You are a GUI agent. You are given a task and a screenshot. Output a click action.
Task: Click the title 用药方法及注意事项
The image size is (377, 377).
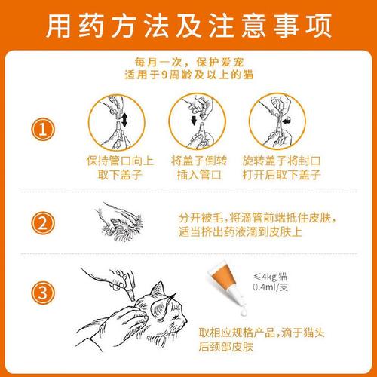click(x=188, y=27)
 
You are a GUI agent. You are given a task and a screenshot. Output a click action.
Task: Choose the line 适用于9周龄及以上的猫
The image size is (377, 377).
click(x=188, y=75)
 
